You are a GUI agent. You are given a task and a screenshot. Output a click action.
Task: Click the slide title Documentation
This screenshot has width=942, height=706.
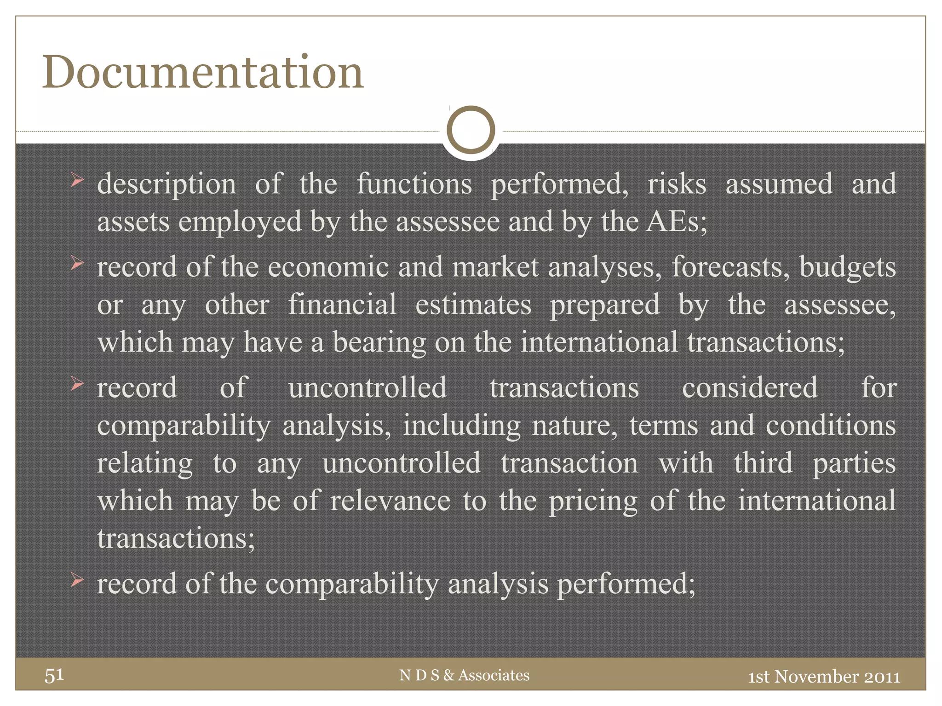click(203, 72)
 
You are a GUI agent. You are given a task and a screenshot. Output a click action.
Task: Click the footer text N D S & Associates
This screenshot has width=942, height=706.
click(464, 675)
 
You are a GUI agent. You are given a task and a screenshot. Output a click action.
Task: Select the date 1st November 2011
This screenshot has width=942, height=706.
click(824, 677)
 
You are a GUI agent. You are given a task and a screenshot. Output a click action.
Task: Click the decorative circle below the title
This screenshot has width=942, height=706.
click(471, 130)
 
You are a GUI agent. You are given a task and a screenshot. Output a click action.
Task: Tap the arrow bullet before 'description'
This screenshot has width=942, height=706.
click(77, 181)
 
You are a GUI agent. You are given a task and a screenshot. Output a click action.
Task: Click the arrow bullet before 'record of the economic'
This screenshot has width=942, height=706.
click(77, 264)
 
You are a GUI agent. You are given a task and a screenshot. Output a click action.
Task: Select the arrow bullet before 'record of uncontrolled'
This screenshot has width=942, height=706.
click(77, 384)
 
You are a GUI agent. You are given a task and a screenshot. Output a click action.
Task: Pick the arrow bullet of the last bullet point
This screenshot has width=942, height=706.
click(77, 581)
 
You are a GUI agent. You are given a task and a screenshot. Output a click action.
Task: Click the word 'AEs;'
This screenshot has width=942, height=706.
click(677, 222)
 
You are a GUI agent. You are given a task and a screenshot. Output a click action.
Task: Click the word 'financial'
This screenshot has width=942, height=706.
click(342, 305)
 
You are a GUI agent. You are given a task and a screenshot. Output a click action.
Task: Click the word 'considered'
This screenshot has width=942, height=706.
click(750, 387)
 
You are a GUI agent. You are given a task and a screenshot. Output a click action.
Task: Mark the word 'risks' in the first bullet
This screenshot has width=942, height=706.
click(677, 184)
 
